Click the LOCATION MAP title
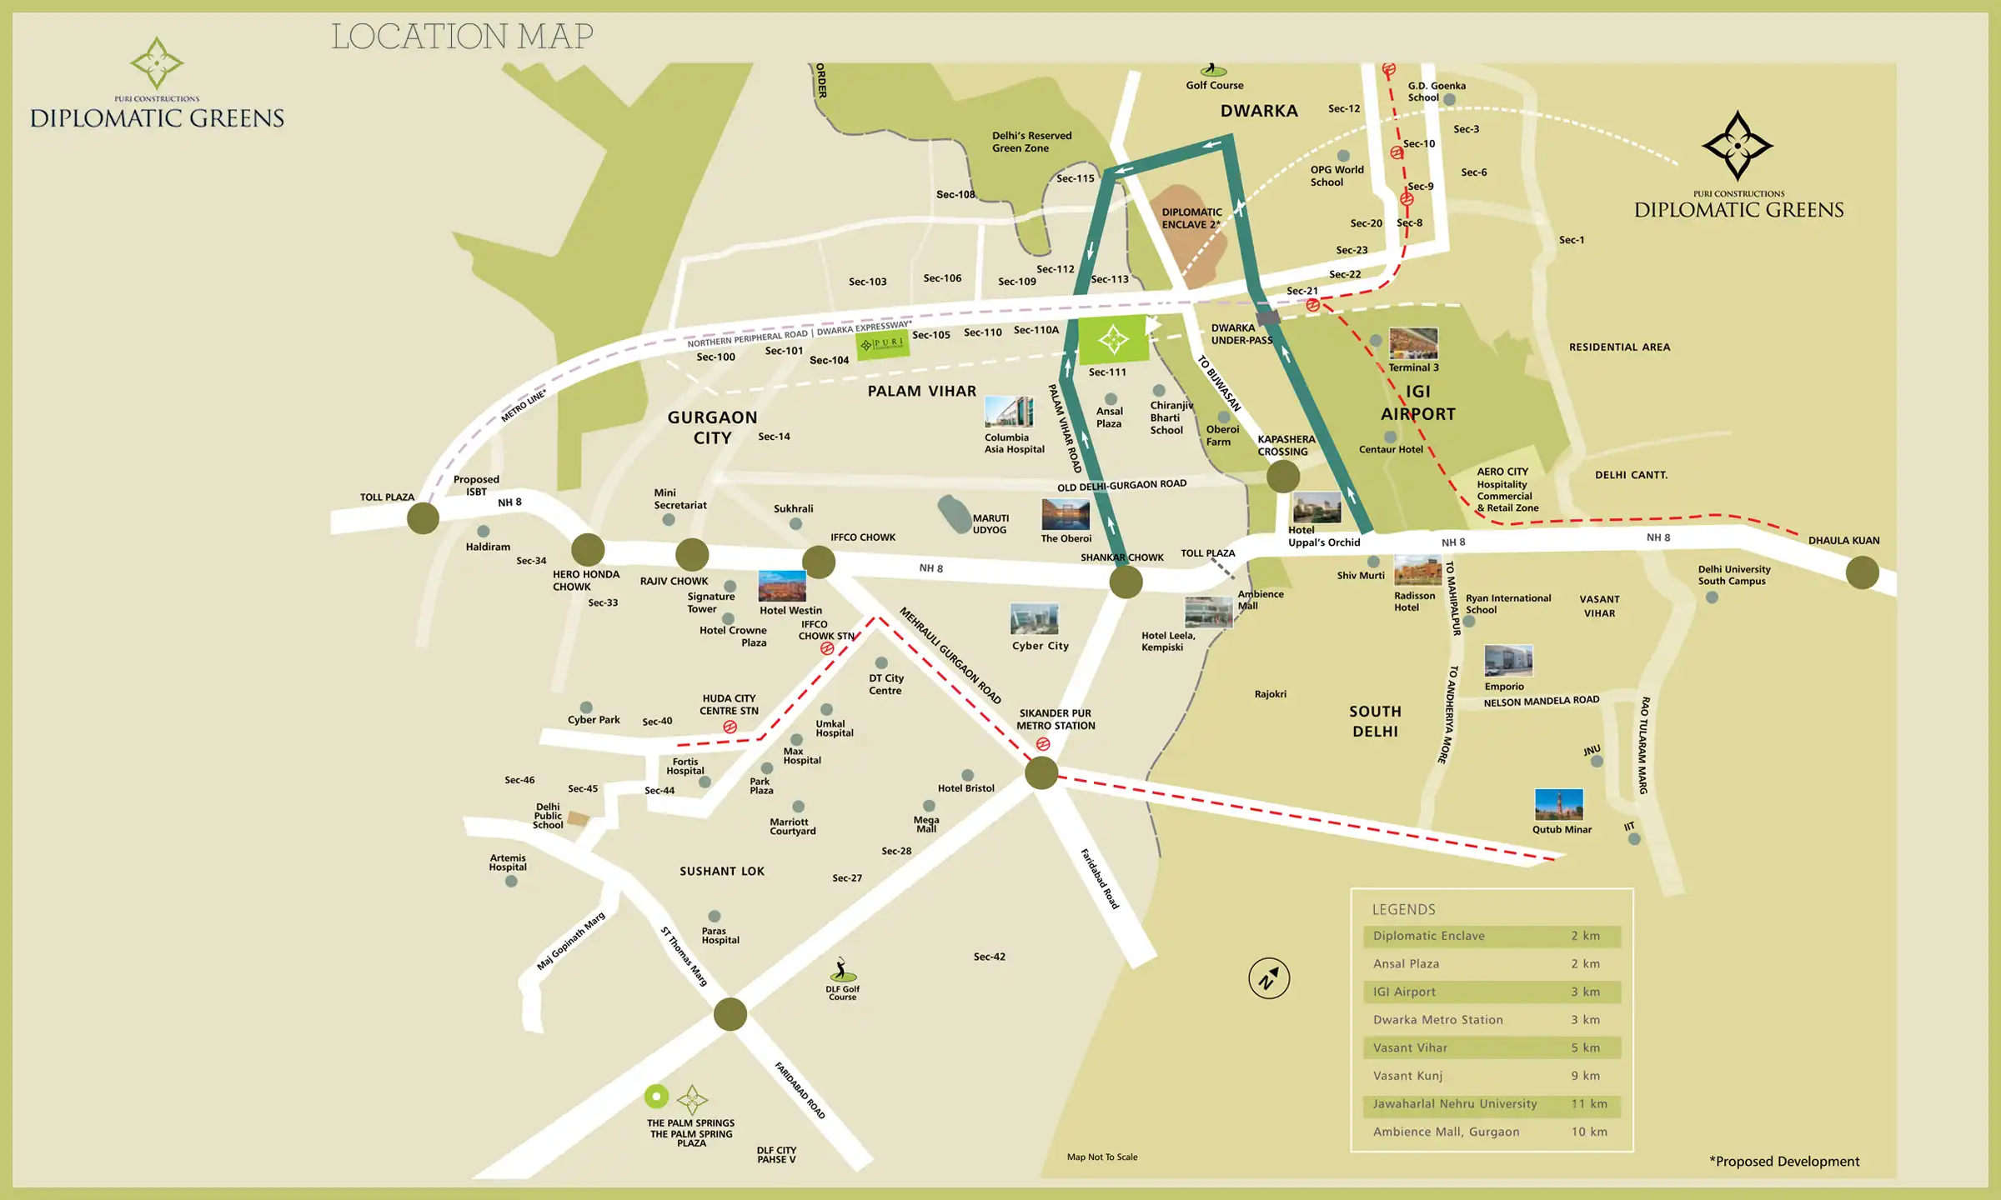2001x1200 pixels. pos(462,37)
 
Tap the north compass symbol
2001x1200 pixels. pos(1268,978)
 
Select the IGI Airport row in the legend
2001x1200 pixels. pos(1492,992)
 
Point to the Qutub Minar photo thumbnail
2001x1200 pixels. pos(1558,805)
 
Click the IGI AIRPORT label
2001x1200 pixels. pos(1417,402)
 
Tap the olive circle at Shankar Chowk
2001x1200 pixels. pos(1126,582)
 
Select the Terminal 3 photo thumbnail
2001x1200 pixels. pos(1413,343)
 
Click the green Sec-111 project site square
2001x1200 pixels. pos(1113,339)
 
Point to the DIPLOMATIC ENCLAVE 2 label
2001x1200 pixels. pos(1191,218)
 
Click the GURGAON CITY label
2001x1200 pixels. pos(712,427)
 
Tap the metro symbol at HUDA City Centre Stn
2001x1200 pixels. pos(730,727)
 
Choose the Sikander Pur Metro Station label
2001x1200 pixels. pos(1056,719)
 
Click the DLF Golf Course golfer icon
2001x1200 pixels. pos(842,970)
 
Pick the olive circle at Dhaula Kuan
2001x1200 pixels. pos(1862,572)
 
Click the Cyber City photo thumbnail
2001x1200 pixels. pos(1034,620)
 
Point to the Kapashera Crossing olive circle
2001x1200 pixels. pos(1282,477)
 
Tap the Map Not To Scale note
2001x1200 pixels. pos(1101,1157)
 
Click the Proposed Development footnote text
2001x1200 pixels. pos(1783,1162)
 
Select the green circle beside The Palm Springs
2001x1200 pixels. pos(656,1097)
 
